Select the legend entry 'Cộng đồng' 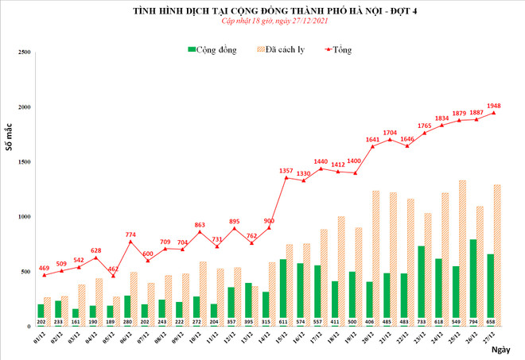point(216,49)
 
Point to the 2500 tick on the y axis point(24,52)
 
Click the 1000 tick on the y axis point(24,217)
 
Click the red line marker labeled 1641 point(372,146)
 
